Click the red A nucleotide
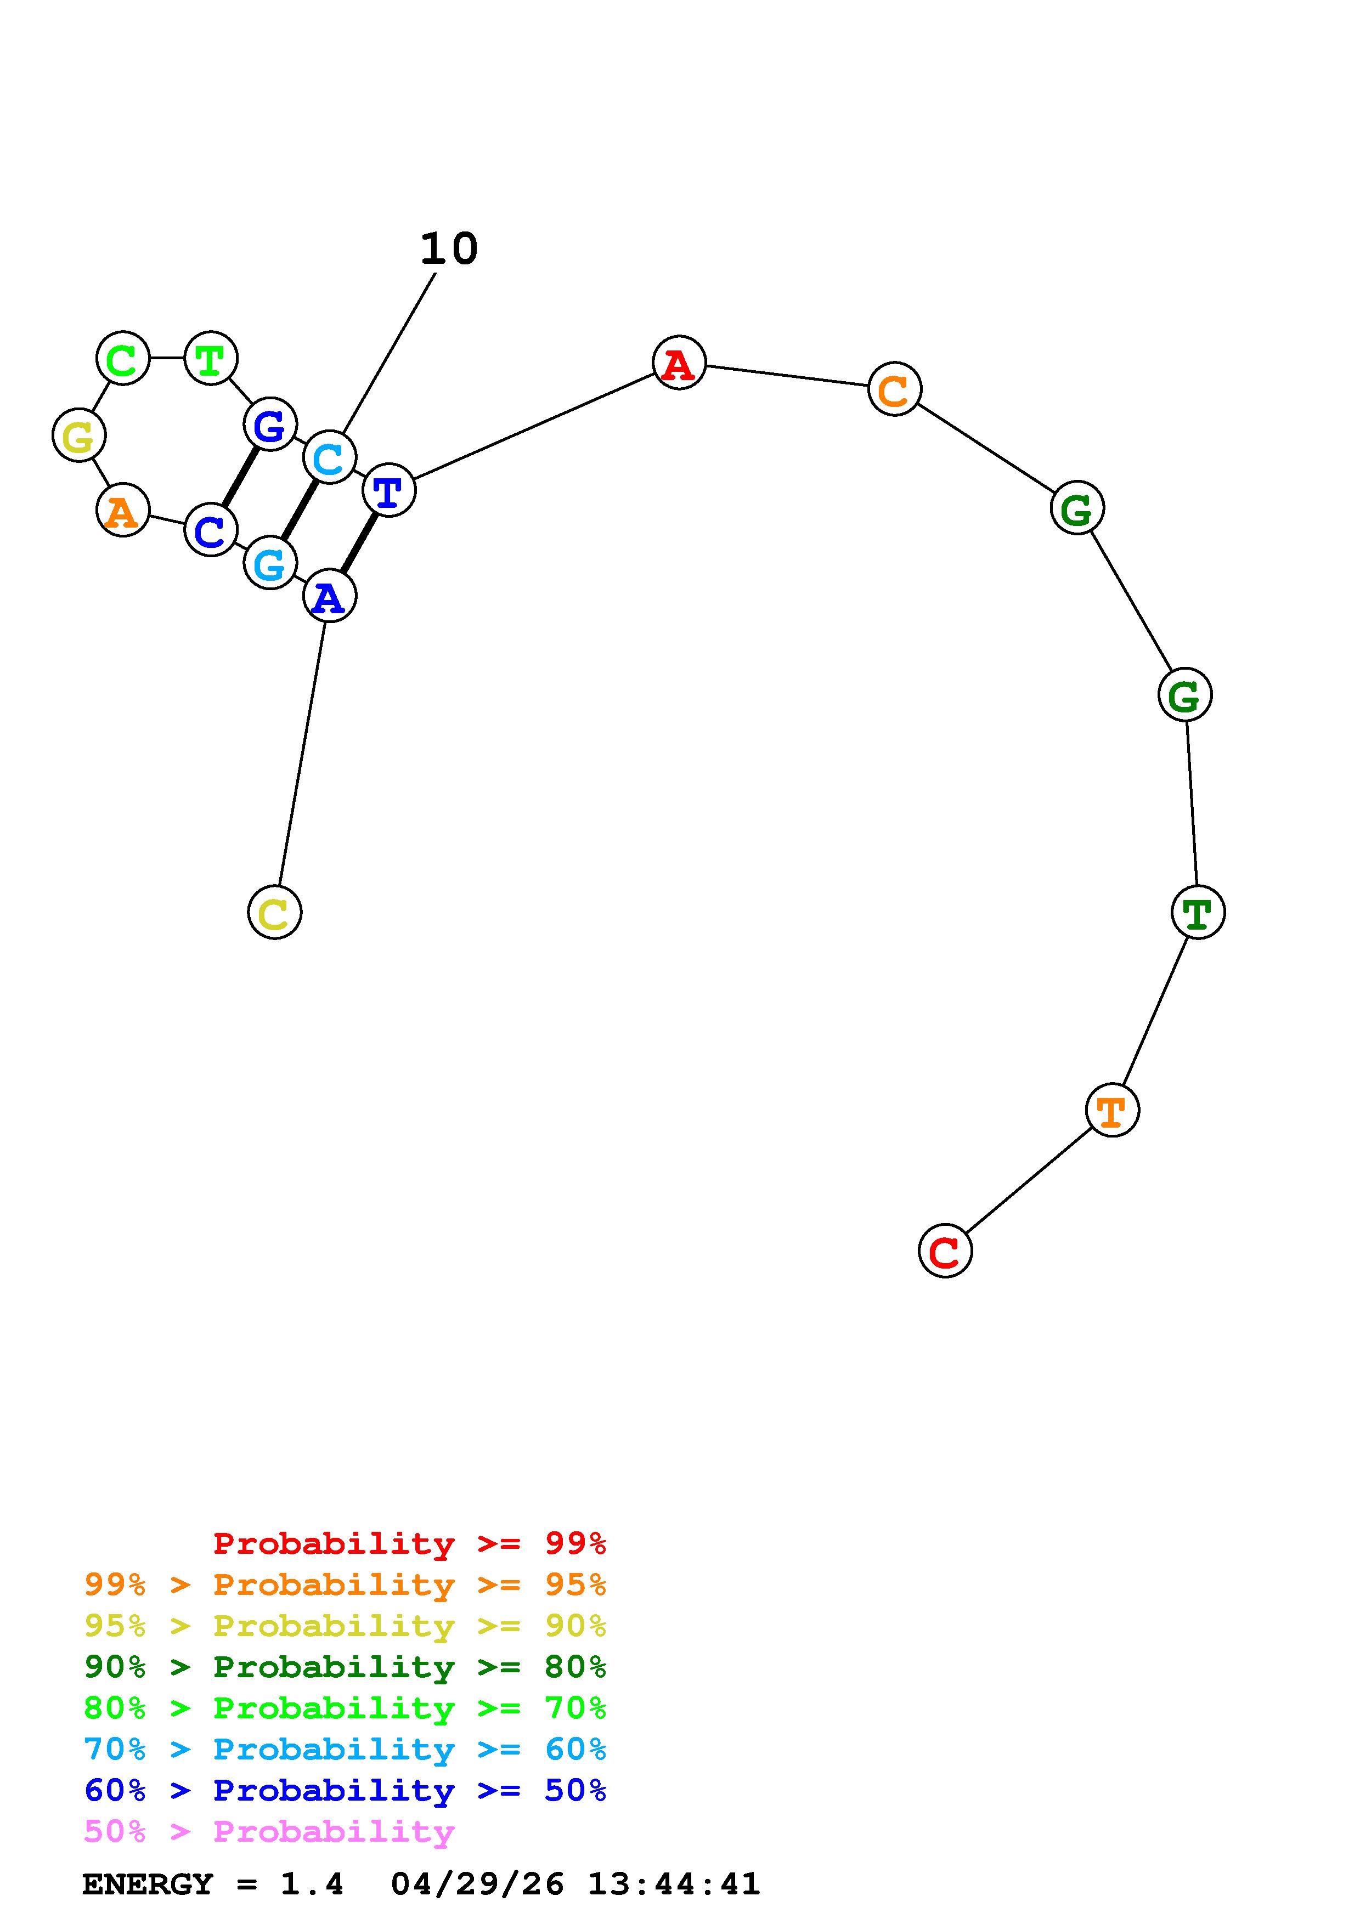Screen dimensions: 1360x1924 coord(679,363)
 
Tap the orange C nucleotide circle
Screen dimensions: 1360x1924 coord(894,389)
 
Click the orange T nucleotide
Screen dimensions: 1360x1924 coord(1112,1110)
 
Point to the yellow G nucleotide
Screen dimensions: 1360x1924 coord(79,435)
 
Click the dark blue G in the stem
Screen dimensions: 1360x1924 coord(270,424)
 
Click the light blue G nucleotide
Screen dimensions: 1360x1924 coord(270,563)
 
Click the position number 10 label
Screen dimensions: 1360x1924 coord(449,249)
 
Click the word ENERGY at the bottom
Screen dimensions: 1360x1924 coord(148,1885)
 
